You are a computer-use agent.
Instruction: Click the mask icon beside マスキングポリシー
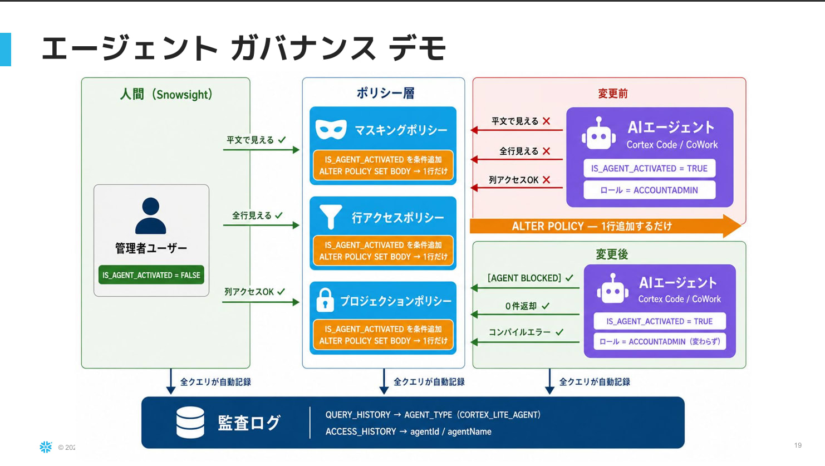(331, 129)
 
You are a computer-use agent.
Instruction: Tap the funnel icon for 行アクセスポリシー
(331, 217)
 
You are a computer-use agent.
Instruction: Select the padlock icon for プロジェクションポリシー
(325, 300)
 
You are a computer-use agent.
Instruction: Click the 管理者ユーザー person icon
(151, 215)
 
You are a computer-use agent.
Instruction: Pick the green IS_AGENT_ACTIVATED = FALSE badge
(151, 275)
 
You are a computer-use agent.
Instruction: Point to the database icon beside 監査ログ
(190, 422)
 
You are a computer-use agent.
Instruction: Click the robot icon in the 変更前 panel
(598, 134)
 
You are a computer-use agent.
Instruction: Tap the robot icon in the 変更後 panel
(612, 288)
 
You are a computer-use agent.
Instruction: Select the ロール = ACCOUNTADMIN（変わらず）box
(660, 341)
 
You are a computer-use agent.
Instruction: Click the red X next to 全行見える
(547, 151)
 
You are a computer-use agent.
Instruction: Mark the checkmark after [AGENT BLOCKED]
(569, 277)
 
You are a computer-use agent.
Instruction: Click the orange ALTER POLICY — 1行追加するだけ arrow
(606, 226)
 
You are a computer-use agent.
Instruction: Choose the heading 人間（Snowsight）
(166, 94)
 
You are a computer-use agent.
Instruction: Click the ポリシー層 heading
(385, 93)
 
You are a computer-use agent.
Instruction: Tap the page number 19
(798, 445)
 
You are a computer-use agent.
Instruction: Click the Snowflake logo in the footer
(46, 447)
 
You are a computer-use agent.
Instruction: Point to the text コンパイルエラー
(519, 332)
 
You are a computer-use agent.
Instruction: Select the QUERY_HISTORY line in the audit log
(433, 415)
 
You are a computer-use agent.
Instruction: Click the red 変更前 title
(612, 94)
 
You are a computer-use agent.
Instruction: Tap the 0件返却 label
(521, 306)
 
